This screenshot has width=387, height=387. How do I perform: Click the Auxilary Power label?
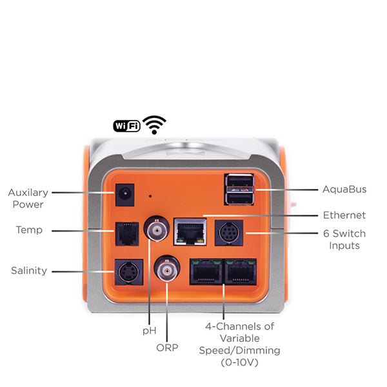click(26, 198)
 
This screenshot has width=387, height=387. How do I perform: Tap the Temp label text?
click(29, 230)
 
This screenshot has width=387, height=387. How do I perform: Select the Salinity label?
click(28, 271)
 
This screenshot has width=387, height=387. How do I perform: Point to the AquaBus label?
click(344, 190)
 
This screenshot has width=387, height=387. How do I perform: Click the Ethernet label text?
click(344, 215)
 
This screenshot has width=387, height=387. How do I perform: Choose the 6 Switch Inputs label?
click(344, 239)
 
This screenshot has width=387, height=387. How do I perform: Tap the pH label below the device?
click(149, 330)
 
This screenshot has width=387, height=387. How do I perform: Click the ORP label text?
click(166, 347)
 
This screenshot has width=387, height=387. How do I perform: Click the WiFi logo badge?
click(126, 126)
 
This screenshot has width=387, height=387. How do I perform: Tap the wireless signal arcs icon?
click(154, 124)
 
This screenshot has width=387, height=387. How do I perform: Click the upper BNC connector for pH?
click(155, 229)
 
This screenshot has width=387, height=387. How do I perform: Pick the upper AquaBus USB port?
click(239, 182)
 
